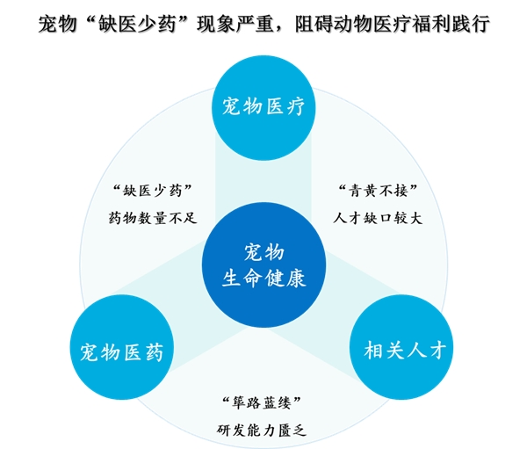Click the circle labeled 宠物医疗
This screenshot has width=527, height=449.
coord(263,107)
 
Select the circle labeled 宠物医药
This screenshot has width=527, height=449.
coord(122,347)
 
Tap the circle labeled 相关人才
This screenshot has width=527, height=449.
coord(401,347)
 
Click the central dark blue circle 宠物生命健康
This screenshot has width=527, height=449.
coord(263,264)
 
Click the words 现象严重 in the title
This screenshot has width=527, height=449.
coord(235,25)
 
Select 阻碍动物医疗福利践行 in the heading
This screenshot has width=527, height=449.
coord(393,25)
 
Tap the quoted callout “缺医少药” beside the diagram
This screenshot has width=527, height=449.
coord(153,191)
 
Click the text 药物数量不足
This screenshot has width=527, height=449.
coord(153,218)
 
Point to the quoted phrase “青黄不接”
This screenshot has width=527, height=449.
coord(378,191)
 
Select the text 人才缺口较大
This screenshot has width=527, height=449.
coord(378,218)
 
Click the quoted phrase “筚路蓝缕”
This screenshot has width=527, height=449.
coord(262,402)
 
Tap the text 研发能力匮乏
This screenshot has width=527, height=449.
coord(262,431)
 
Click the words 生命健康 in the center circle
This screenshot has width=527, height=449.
coord(263,279)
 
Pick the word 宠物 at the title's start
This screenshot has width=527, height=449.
coord(57,25)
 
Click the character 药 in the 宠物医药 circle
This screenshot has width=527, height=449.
coord(154,352)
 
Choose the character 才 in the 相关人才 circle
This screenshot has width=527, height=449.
coord(436,350)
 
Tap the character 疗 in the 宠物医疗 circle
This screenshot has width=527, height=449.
coord(296,106)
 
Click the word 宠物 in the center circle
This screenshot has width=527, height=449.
coord(263,252)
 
